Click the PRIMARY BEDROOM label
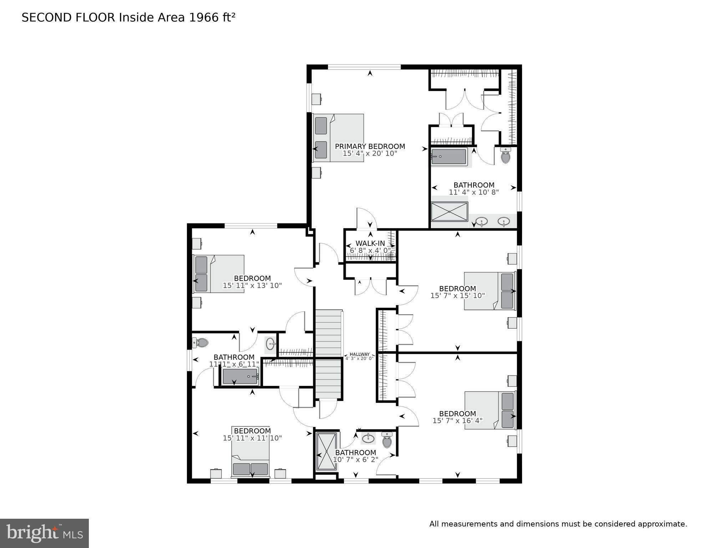pyautogui.click(x=370, y=146)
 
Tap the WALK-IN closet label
pyautogui.click(x=370, y=243)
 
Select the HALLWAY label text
pyautogui.click(x=359, y=354)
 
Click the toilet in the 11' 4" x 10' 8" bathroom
pyautogui.click(x=505, y=156)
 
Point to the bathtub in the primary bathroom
pyautogui.click(x=449, y=157)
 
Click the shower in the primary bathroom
pyautogui.click(x=449, y=212)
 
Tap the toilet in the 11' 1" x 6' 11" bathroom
pyautogui.click(x=201, y=343)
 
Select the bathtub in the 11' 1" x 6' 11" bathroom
pyautogui.click(x=240, y=377)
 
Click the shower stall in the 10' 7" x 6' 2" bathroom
pyautogui.click(x=326, y=451)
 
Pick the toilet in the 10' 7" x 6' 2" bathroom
pyautogui.click(x=387, y=441)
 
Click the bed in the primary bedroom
pyautogui.click(x=338, y=138)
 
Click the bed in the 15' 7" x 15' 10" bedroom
pyautogui.click(x=490, y=291)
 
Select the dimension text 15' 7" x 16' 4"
pyautogui.click(x=457, y=421)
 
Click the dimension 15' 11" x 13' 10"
pyautogui.click(x=252, y=286)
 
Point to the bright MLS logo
pyautogui.click(x=44, y=533)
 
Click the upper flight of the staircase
pyautogui.click(x=328, y=333)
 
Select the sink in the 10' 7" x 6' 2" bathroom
pyautogui.click(x=368, y=438)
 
